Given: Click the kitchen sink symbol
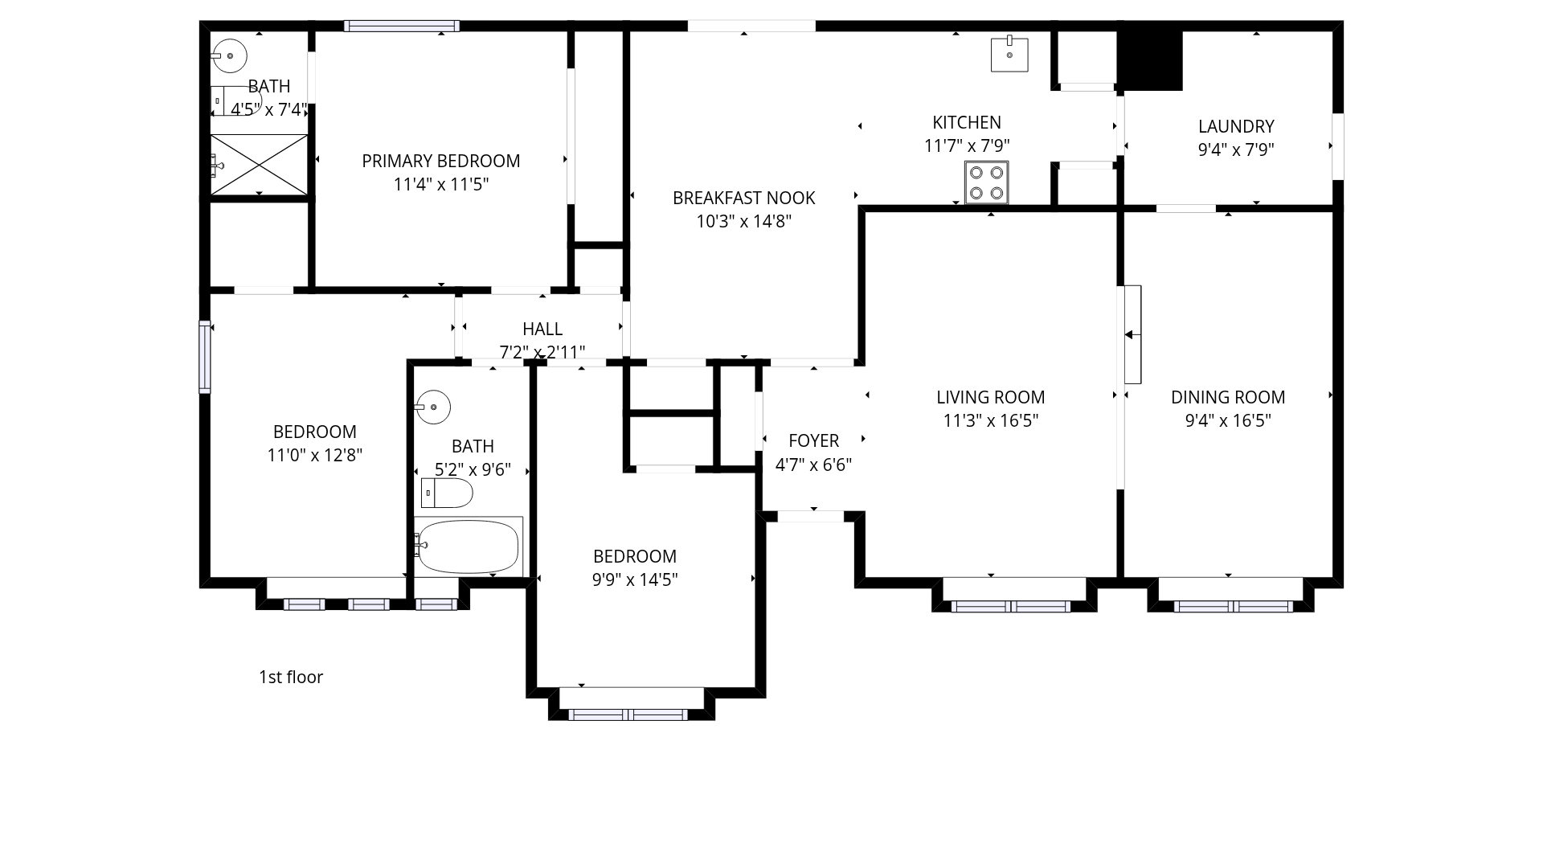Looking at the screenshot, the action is click(x=1009, y=54).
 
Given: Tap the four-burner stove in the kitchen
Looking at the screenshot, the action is click(x=986, y=182).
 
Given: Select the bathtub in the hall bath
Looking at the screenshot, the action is click(x=469, y=547).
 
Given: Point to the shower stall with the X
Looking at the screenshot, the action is click(x=259, y=165).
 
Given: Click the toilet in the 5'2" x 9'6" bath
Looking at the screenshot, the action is click(x=447, y=493).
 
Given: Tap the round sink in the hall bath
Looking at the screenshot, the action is click(x=432, y=407).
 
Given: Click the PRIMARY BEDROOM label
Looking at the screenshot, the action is click(x=441, y=161).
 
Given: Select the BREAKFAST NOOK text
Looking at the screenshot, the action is click(x=744, y=198).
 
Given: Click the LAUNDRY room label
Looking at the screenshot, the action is click(x=1236, y=126).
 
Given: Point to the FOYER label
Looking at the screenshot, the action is click(x=813, y=440).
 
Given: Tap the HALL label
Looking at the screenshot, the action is click(x=542, y=329).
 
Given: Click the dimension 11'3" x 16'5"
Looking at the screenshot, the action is click(x=991, y=420).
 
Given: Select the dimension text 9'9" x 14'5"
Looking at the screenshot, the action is click(x=635, y=579).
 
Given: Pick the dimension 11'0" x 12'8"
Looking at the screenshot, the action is click(x=315, y=455).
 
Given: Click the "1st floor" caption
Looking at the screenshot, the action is click(x=291, y=677).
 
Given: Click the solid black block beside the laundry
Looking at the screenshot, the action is click(x=1151, y=60).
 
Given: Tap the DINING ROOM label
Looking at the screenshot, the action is click(x=1228, y=397).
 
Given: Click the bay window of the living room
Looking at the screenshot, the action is click(x=1011, y=606).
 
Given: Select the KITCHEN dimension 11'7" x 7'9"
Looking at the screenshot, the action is click(x=967, y=145).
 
